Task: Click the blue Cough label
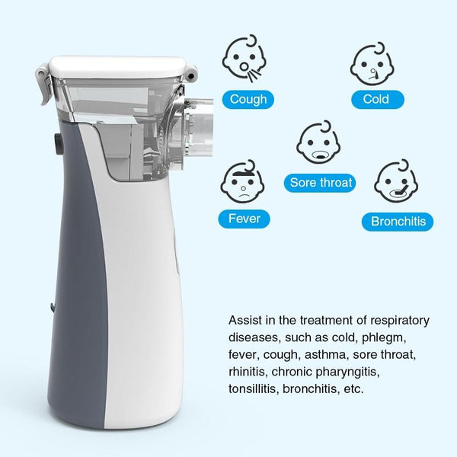pyautogui.click(x=248, y=99)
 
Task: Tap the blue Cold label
pyautogui.click(x=376, y=99)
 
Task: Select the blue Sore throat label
pyautogui.click(x=321, y=183)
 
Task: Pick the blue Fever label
pyautogui.click(x=244, y=219)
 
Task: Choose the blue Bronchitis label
pyautogui.click(x=398, y=222)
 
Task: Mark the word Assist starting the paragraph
pyautogui.click(x=245, y=320)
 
